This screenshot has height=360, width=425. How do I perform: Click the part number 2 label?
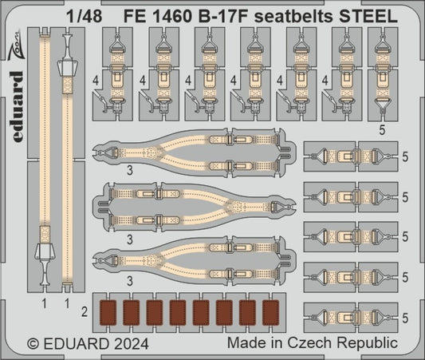point(85,309)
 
